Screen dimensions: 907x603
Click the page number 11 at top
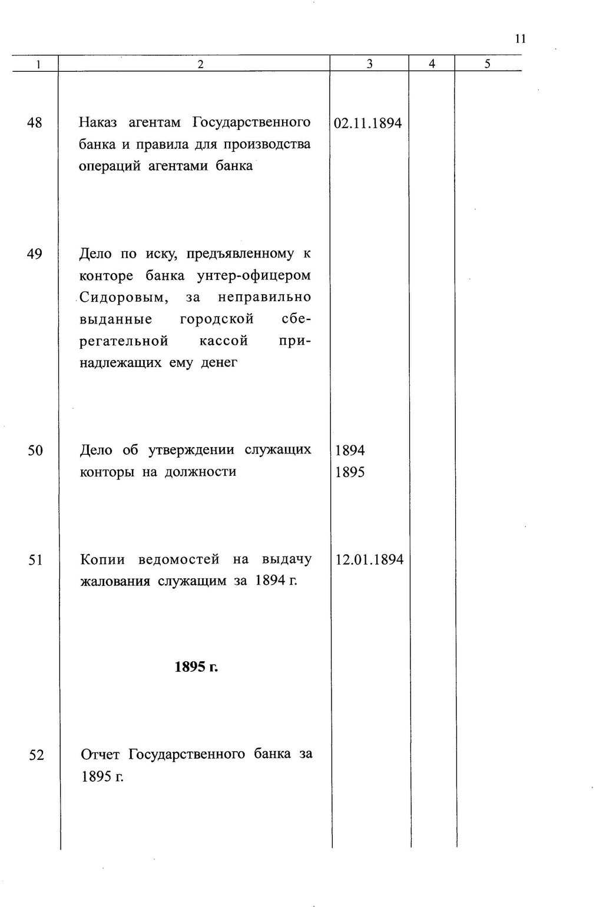[519, 39]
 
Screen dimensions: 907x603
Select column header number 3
[369, 64]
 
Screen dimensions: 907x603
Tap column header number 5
[488, 64]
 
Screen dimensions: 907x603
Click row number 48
[35, 123]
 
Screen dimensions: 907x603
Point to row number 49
[35, 254]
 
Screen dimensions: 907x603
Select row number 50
[35, 451]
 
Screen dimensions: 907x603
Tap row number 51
[35, 560]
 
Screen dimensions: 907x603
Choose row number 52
[37, 755]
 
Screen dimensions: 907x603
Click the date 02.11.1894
[368, 124]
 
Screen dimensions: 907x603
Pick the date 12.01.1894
[369, 560]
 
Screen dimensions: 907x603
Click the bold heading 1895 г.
[196, 667]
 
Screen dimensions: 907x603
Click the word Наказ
[98, 122]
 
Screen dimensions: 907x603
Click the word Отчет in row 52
[100, 755]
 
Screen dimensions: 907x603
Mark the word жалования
[115, 582]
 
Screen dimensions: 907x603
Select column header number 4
[432, 64]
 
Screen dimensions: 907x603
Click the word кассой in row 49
[223, 341]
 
